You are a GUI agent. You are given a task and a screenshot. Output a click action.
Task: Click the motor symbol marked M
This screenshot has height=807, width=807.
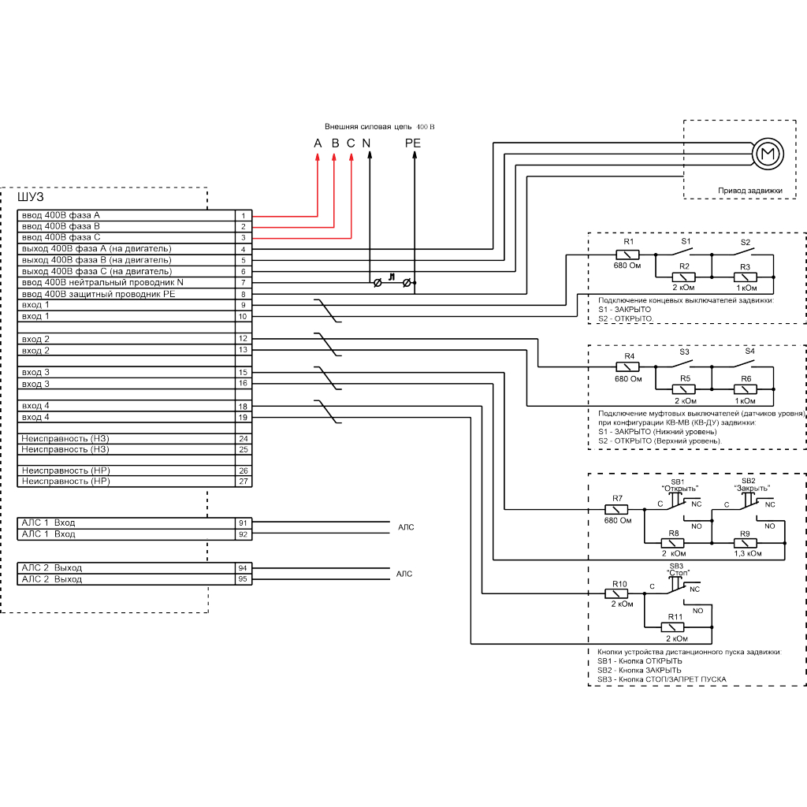766,153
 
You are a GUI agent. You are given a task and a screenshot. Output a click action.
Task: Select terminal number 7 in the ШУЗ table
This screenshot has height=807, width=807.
244,282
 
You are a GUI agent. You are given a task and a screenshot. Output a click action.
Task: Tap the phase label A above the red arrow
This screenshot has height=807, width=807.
318,143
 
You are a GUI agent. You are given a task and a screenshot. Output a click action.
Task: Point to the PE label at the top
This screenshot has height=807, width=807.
413,143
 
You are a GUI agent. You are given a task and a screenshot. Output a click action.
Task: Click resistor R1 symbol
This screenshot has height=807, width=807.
627,255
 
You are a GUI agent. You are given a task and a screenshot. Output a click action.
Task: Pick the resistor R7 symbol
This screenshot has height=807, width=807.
616,509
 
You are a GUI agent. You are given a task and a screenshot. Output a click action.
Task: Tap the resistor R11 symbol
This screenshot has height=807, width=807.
675,627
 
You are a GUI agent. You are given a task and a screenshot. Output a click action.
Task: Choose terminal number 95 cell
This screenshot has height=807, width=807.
244,579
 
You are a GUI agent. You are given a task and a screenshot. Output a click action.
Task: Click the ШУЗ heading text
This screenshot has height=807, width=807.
31,196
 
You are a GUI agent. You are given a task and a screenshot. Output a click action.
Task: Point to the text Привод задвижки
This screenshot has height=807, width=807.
749,190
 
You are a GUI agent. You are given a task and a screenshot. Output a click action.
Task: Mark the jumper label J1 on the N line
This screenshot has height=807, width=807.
392,275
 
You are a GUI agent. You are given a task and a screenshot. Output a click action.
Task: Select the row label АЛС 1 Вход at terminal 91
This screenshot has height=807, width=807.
49,523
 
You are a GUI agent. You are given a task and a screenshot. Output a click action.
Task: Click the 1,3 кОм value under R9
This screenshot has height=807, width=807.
747,554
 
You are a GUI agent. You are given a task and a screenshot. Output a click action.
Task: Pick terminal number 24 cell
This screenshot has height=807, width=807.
244,438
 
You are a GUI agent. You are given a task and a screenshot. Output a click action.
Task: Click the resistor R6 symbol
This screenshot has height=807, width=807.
745,389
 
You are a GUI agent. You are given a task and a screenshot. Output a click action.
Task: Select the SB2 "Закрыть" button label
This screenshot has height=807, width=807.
751,484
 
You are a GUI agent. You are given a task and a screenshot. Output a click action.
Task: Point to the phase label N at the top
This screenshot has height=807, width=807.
366,143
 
